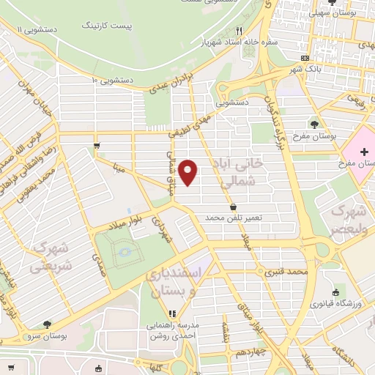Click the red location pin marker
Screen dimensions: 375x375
point(189,172)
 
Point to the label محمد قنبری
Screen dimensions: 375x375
point(264,273)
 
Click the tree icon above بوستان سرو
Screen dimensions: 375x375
point(48,324)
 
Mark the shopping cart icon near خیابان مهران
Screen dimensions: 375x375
point(97,146)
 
